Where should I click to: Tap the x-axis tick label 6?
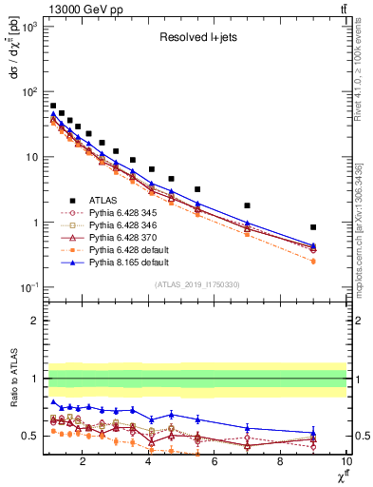(214, 463)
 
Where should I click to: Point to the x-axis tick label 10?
(344, 463)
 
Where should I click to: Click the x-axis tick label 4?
(149, 463)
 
